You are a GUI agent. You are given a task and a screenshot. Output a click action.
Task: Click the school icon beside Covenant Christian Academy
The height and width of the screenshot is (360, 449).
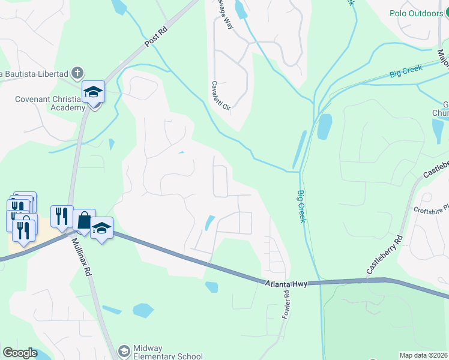click(93, 92)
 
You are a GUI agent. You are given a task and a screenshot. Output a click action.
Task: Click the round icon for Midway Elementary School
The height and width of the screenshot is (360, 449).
click(124, 351)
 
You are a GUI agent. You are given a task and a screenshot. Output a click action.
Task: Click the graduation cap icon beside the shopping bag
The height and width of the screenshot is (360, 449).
click(102, 228)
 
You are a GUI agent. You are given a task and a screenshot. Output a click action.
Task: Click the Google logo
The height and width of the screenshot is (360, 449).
click(20, 352)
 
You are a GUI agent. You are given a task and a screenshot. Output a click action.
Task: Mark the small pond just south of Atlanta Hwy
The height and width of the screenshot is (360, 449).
click(211, 287)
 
